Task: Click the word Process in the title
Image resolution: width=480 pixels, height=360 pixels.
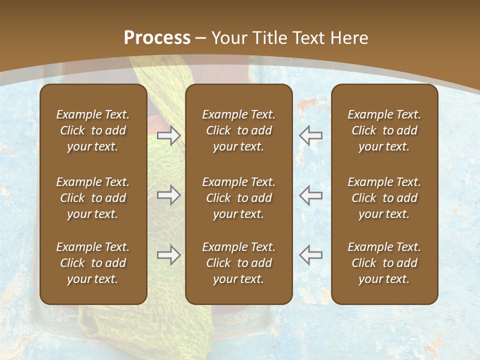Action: point(157,37)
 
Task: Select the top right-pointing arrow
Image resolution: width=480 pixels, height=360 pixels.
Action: point(169,135)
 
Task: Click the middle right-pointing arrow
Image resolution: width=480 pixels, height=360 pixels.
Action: point(169,195)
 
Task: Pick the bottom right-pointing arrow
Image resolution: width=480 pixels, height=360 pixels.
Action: point(169,255)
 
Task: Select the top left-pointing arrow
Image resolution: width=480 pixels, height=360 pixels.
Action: point(310,135)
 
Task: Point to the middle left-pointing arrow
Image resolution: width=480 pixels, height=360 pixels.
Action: point(310,195)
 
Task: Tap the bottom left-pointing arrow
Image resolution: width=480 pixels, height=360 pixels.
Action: point(310,255)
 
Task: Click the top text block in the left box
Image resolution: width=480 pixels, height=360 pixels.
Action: point(93,130)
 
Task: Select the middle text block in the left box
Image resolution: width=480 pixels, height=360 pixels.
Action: point(93,198)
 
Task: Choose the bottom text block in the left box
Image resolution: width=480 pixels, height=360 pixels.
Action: point(93,263)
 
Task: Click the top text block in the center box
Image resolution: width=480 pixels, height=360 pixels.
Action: point(238,130)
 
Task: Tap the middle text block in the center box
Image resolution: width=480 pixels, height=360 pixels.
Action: point(238,198)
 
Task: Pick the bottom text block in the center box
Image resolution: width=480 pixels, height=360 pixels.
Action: point(238,263)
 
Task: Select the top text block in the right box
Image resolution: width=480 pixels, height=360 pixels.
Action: point(384,130)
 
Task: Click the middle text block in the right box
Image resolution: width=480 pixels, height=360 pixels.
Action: point(384,198)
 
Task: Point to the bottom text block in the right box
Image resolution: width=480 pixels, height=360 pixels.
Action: point(384,263)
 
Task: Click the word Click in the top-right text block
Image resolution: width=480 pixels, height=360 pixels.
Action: point(363,130)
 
